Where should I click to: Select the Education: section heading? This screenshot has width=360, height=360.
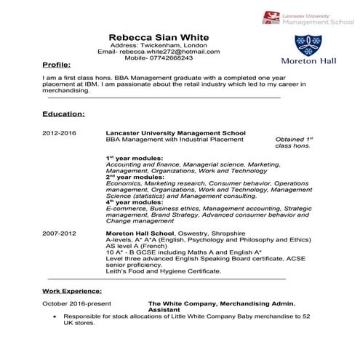(x=63, y=114)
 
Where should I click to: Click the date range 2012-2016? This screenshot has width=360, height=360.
(x=59, y=134)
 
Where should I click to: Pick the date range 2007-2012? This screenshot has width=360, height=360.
(x=59, y=233)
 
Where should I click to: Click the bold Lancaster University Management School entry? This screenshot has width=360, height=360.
(x=175, y=134)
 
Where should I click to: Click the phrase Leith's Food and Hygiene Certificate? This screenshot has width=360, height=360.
(x=164, y=271)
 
